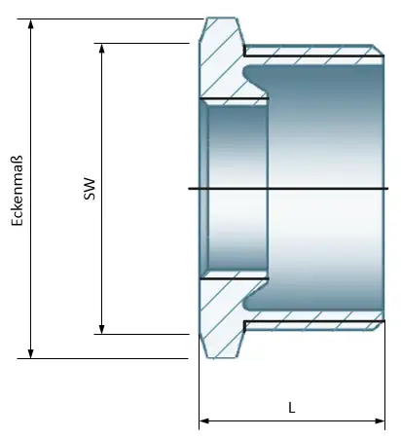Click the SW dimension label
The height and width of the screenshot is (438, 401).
coord(89,187)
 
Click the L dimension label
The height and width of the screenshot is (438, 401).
coord(292,408)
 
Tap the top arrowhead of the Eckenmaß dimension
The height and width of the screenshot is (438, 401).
coord(31,24)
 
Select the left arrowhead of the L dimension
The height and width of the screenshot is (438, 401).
coord(204,421)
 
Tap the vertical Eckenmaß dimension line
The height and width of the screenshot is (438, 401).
coord(31,273)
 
